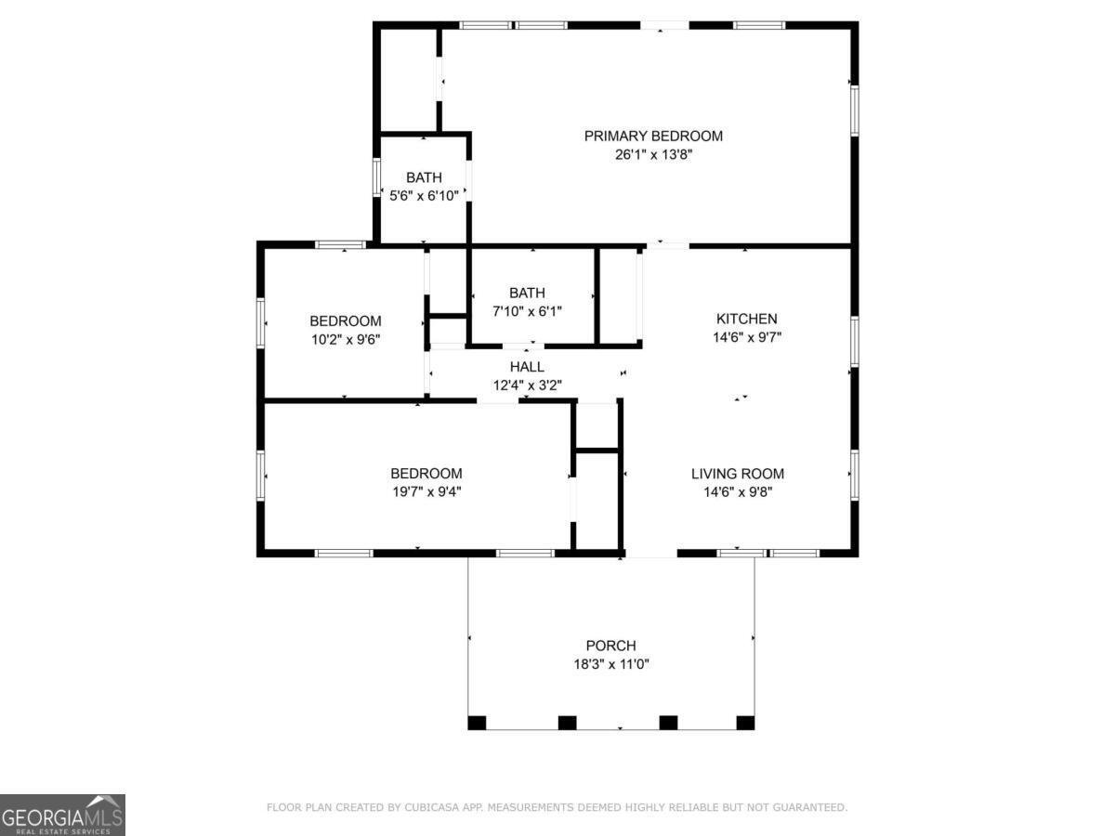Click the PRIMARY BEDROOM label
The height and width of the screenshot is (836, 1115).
pos(653,136)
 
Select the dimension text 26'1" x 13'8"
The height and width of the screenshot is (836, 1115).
pos(653,155)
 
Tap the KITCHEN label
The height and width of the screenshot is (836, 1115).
pos(746,319)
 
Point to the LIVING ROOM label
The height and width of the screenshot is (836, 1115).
pos(738,474)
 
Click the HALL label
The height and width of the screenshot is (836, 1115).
pos(527,367)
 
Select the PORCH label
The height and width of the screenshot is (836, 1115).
pos(610,646)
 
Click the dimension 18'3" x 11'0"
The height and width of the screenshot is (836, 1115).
pos(610,665)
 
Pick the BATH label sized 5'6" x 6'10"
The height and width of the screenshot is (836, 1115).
pos(424,177)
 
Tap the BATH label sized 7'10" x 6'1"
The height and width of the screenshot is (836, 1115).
pos(527,292)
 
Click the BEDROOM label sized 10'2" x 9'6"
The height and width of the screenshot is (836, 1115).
pos(345,321)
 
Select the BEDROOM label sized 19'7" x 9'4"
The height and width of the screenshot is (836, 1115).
pos(426,474)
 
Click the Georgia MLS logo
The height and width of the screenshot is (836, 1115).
pos(62,815)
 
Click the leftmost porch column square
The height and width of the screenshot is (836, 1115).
pos(477,723)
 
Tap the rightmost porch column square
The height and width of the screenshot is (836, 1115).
pos(745,723)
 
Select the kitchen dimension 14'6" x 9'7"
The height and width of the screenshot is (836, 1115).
pos(746,338)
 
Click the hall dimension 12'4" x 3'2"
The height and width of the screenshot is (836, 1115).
pos(527,385)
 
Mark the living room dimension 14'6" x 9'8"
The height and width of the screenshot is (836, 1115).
pos(738,492)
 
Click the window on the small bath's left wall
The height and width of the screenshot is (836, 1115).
pos(376,176)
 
